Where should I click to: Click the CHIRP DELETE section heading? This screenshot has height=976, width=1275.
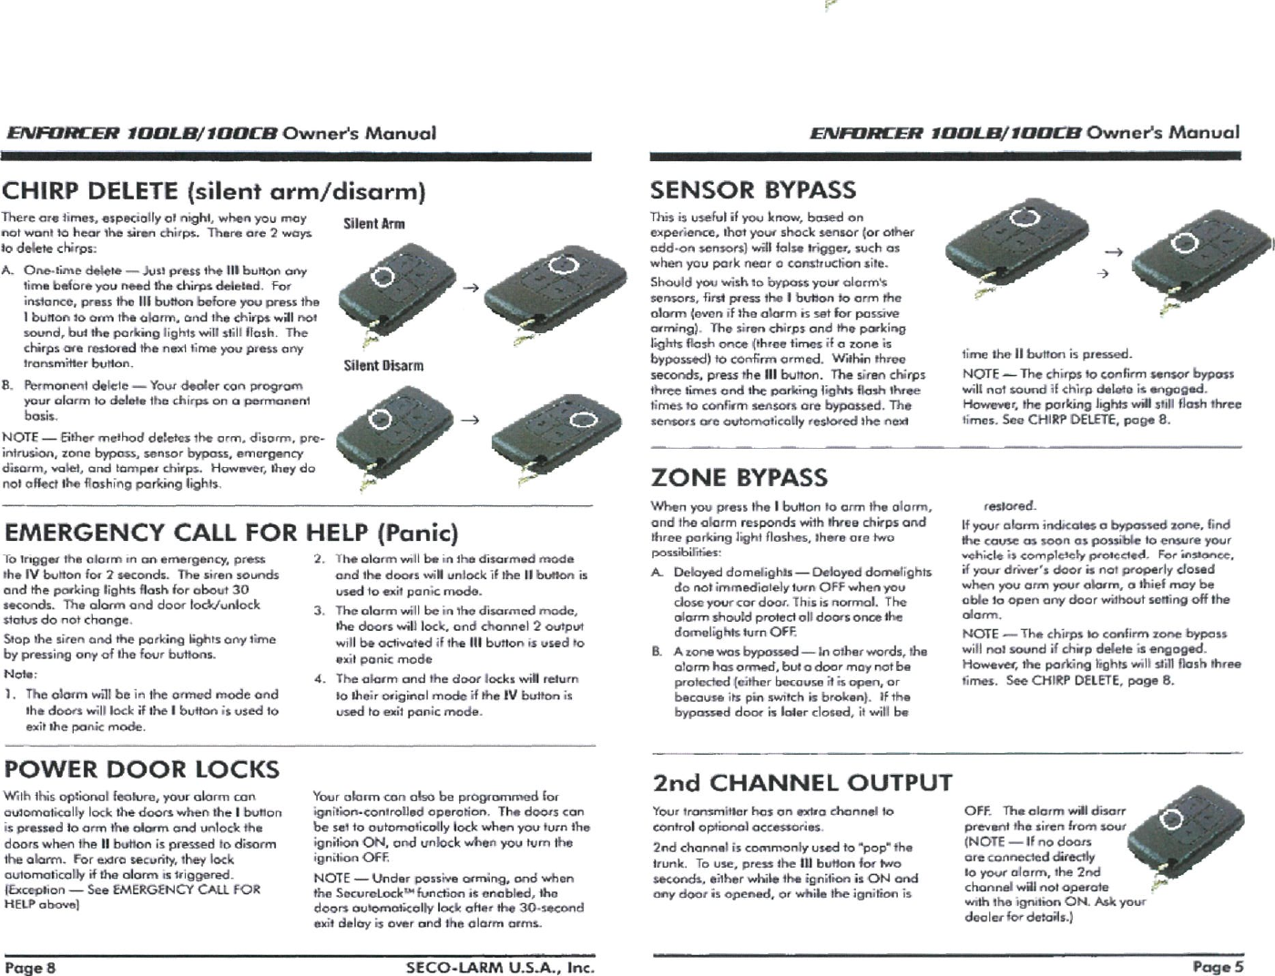pos(214,192)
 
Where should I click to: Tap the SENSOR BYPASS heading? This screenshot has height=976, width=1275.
pos(753,190)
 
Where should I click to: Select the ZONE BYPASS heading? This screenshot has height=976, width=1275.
pos(739,477)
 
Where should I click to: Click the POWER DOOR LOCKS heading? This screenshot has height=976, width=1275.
pos(141,769)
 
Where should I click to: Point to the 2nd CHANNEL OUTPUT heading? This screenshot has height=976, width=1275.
pos(802,783)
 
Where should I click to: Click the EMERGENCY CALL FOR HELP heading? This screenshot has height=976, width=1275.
pos(230,532)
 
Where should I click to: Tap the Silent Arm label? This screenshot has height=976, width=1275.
pos(374,224)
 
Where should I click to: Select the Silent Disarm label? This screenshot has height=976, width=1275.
pos(383,366)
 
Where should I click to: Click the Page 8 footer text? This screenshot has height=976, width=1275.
pos(30,966)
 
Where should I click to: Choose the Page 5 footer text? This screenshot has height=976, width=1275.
pos(1219,966)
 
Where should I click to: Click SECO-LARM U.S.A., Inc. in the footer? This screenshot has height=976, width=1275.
pos(499,966)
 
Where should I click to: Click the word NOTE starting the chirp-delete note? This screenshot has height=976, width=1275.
pos(19,438)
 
